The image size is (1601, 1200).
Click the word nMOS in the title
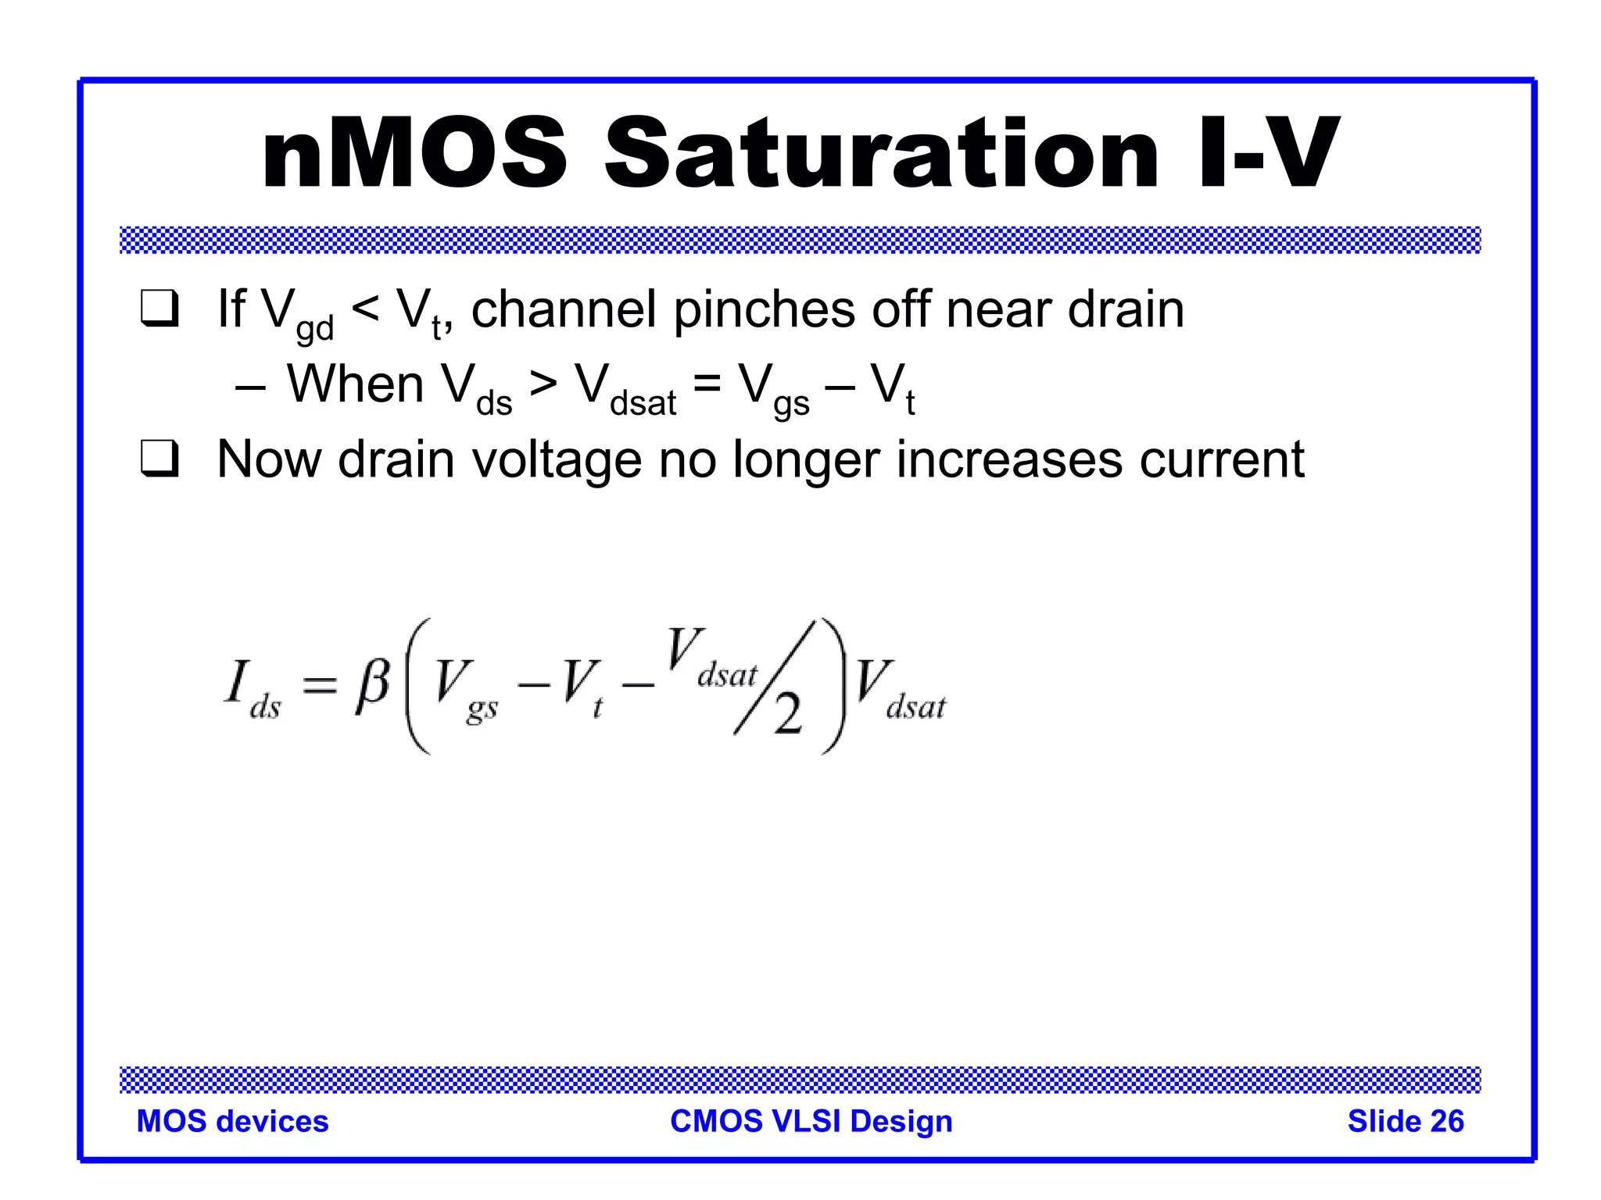[414, 153]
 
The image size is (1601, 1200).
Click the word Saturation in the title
[881, 153]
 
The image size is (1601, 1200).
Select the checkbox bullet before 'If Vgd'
[160, 309]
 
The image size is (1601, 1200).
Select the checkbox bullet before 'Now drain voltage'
[160, 459]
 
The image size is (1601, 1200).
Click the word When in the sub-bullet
[356, 384]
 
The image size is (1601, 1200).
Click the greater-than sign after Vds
[543, 384]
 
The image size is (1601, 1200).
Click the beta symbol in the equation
[372, 685]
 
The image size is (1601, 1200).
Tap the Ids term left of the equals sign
[252, 688]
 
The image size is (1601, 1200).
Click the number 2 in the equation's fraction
[787, 715]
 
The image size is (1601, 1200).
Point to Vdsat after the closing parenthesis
[899, 688]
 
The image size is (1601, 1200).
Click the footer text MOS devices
[232, 1121]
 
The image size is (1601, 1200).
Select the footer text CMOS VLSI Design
[811, 1121]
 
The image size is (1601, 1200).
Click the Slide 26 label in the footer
[1405, 1121]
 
